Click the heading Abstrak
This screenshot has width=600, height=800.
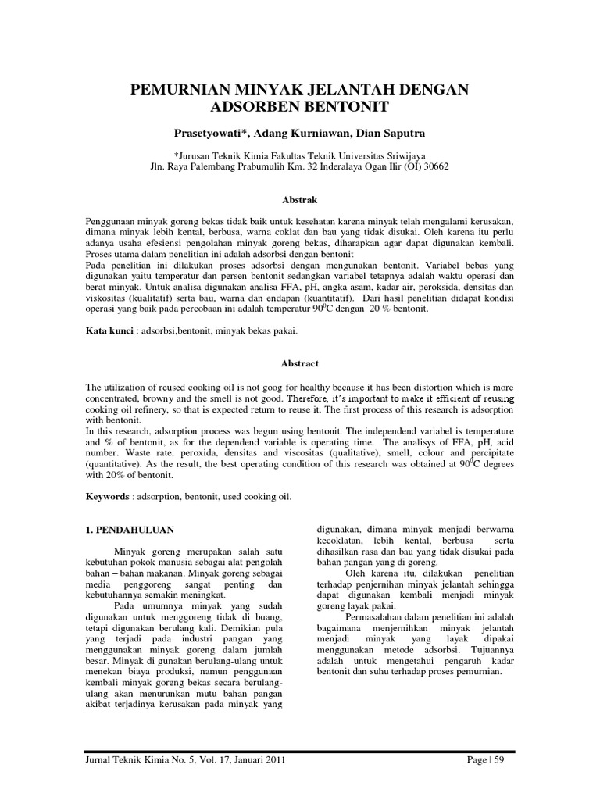tap(299, 200)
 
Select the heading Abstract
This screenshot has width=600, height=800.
tap(299, 362)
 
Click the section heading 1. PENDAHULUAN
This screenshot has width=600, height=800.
tap(130, 529)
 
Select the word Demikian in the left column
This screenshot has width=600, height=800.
tap(237, 627)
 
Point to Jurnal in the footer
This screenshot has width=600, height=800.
tap(98, 759)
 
